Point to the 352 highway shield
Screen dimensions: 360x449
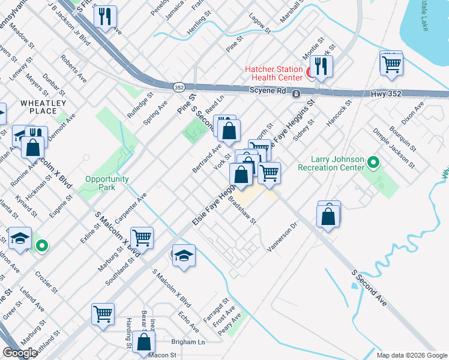click(179, 87)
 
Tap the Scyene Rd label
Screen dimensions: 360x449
click(267, 90)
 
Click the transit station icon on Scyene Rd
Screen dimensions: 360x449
click(296, 94)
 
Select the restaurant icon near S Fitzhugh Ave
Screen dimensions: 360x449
click(106, 19)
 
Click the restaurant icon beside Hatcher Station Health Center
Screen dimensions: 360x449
click(321, 69)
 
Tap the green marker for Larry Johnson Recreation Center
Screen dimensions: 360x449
click(373, 162)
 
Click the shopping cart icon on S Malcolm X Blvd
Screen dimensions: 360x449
click(142, 238)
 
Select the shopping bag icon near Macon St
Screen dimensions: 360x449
click(144, 343)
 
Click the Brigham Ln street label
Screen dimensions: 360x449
click(188, 341)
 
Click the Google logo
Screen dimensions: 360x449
click(20, 353)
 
